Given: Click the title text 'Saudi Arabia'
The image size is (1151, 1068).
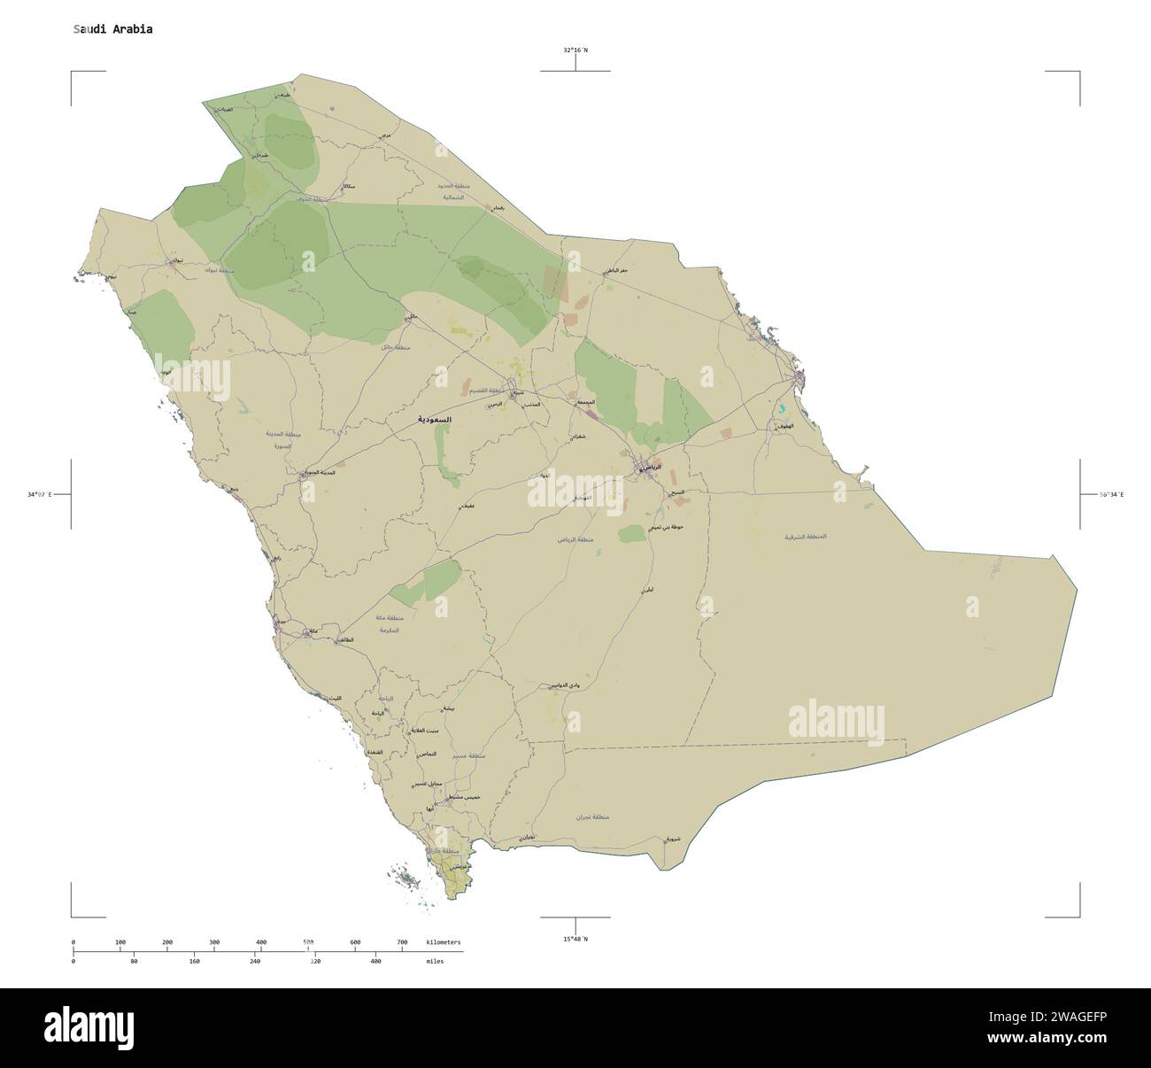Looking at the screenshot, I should (x=112, y=29).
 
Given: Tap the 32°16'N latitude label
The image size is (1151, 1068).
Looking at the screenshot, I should (x=575, y=50).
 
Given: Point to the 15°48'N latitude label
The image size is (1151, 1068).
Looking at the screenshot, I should (x=575, y=939).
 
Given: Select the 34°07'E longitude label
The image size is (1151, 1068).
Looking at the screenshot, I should (x=40, y=494).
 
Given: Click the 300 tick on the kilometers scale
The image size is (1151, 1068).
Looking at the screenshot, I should (x=214, y=942).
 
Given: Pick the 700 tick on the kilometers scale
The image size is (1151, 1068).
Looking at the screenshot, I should (x=402, y=942).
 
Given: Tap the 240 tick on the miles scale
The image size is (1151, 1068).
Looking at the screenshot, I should (x=255, y=961).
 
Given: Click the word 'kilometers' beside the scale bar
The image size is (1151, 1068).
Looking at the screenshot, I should (x=443, y=942).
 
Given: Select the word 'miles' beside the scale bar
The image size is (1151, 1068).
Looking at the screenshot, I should (x=435, y=961).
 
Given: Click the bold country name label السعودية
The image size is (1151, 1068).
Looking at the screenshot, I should (x=435, y=419).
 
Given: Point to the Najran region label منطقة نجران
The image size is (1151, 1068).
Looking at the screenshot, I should (x=593, y=818).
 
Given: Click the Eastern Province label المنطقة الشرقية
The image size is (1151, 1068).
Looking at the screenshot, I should (x=806, y=537).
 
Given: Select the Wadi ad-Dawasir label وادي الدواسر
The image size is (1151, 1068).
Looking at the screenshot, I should (x=564, y=685).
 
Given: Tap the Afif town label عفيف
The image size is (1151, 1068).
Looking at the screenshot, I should (x=467, y=505).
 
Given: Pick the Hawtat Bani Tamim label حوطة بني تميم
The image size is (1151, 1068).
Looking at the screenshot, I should (x=667, y=528).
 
